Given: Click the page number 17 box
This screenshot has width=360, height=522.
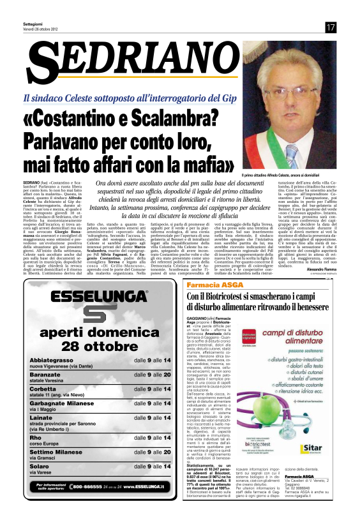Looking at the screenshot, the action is (x=330, y=27).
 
